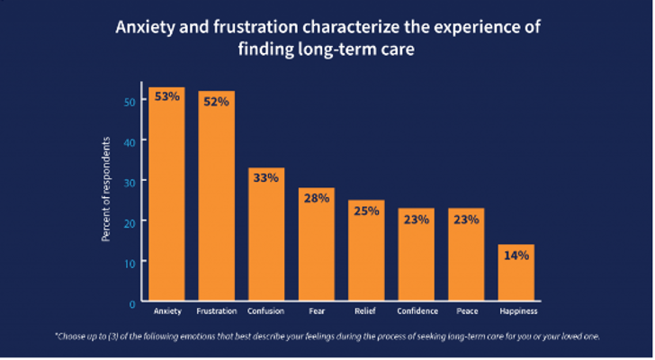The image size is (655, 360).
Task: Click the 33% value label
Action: click(x=265, y=178)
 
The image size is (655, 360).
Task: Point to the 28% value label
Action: click(x=316, y=198)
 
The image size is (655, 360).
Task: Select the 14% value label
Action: click(x=516, y=255)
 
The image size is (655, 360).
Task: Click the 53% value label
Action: click(x=166, y=97)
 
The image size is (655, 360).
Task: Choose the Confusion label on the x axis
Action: click(x=265, y=311)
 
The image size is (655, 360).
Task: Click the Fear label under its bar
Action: click(x=316, y=311)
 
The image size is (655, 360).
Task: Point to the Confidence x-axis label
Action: click(x=417, y=311)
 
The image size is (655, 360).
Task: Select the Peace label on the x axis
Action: click(x=466, y=311)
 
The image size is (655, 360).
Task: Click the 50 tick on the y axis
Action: click(x=130, y=102)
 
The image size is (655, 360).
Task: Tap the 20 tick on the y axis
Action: click(x=130, y=221)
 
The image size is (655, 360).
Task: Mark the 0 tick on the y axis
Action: click(x=132, y=301)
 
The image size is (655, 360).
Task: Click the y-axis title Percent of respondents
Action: click(x=106, y=189)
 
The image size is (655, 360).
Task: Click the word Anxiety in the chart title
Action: click(x=144, y=26)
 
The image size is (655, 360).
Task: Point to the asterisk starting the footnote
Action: click(x=57, y=335)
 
